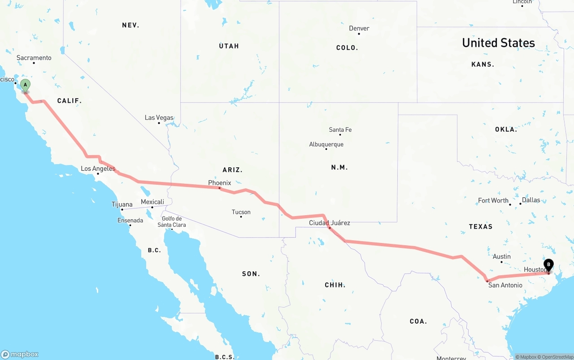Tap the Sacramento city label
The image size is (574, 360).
(34, 58)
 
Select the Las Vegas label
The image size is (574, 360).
(159, 118)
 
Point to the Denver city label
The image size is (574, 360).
(359, 28)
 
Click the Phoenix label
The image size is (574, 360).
(220, 183)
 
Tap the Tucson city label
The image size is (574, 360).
(241, 212)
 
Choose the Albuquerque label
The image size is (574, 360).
(326, 144)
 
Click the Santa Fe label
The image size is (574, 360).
(340, 130)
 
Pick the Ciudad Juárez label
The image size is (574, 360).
(330, 223)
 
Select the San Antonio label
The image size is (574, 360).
(505, 285)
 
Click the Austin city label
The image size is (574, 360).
(502, 257)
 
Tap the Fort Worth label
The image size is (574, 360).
(493, 200)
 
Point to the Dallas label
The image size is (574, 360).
(531, 200)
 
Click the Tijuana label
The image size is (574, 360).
(122, 204)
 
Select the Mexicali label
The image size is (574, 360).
(152, 202)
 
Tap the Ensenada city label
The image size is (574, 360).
(130, 221)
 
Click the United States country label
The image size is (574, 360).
(498, 43)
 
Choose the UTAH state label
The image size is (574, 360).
(229, 46)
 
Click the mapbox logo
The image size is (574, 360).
(20, 354)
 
